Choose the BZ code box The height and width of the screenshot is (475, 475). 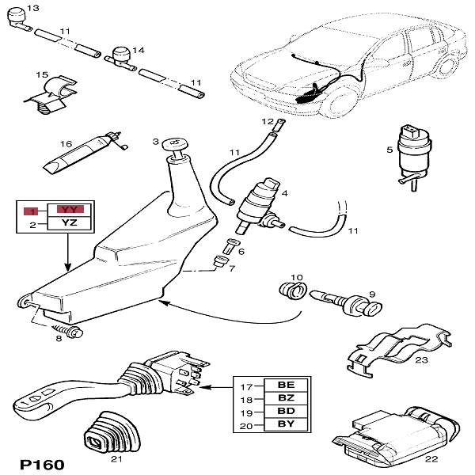(286, 400)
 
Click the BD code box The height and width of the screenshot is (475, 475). (286, 412)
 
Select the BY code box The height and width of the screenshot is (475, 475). (286, 426)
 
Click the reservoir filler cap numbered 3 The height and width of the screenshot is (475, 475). (173, 145)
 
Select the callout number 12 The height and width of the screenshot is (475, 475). (268, 121)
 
